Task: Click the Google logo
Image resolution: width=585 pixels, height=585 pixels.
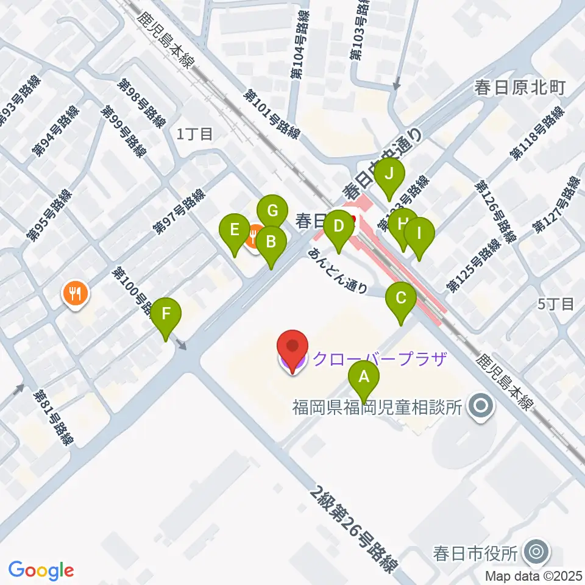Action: [41, 570]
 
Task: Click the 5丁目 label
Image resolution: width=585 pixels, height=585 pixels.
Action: [557, 304]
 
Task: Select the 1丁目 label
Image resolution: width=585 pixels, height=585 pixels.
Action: [194, 135]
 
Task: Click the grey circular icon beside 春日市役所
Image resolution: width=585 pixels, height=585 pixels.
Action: [537, 552]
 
